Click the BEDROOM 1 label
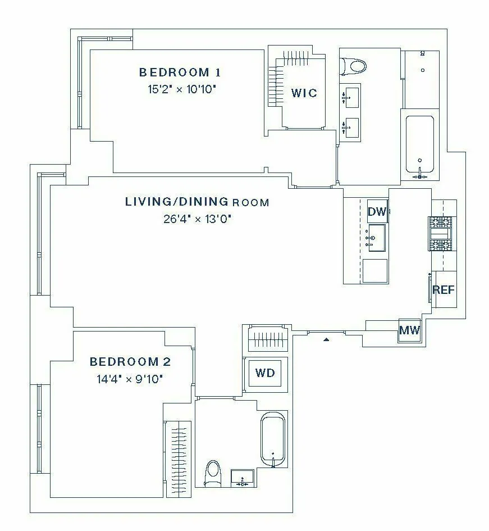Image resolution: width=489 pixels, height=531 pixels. [x=180, y=72]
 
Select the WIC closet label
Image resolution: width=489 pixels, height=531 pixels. [x=304, y=93]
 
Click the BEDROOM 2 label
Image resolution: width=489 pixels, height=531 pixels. [x=130, y=362]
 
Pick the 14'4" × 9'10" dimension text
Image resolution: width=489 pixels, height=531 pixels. [x=130, y=379]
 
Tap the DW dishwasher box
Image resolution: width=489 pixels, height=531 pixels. [x=377, y=212]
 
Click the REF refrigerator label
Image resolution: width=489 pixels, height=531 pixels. [x=443, y=291]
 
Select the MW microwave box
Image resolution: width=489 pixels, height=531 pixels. [x=409, y=330]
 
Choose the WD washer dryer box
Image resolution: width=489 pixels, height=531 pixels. [x=265, y=373]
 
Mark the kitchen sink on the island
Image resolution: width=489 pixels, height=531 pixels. [x=377, y=238]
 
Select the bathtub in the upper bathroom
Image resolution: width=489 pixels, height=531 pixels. [x=420, y=145]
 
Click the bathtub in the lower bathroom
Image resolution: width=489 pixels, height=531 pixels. [x=273, y=439]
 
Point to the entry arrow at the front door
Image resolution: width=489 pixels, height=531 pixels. [x=326, y=339]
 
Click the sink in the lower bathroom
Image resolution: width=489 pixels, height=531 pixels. [x=243, y=479]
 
